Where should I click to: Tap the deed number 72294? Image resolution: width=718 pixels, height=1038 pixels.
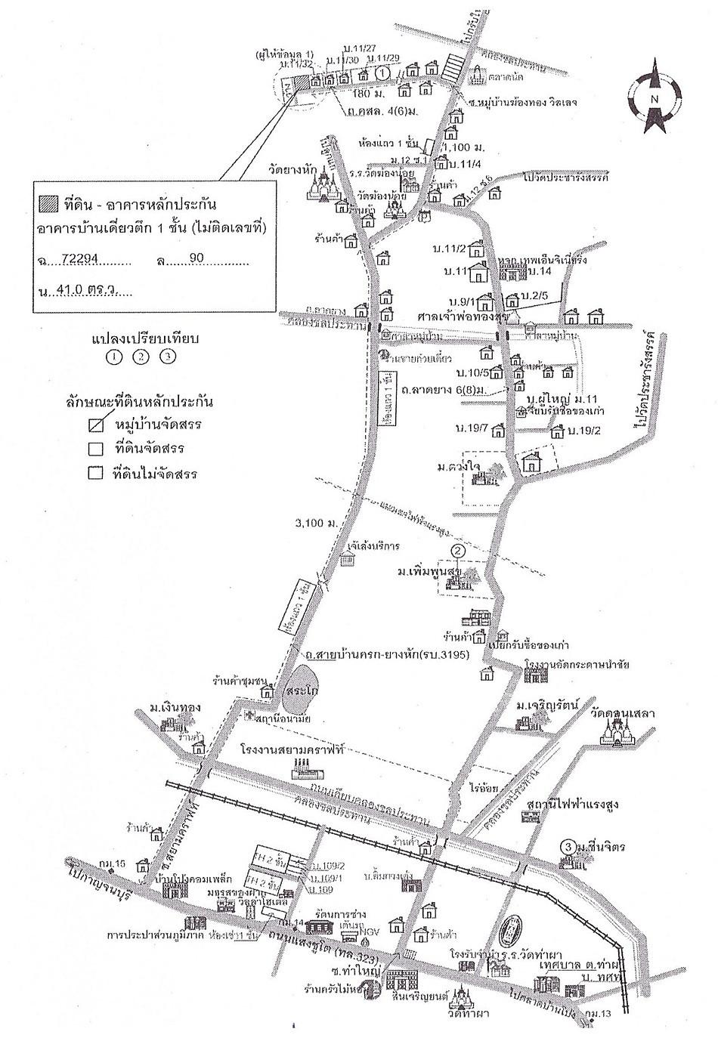click(x=82, y=258)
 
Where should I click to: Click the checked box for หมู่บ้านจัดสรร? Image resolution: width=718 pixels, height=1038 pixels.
click(x=95, y=425)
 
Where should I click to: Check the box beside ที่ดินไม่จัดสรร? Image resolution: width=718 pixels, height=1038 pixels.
click(x=95, y=474)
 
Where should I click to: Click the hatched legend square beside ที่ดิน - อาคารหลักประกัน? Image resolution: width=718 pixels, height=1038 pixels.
click(x=46, y=202)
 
